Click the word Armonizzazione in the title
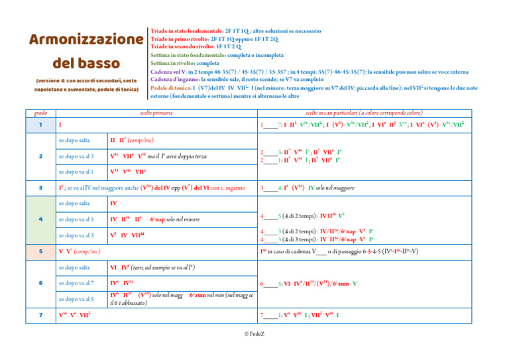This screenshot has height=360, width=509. [82, 40]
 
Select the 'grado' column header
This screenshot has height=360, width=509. [40, 112]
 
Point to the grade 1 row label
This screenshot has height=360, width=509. [40, 125]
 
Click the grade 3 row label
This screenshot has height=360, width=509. [40, 188]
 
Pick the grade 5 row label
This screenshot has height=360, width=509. [40, 251]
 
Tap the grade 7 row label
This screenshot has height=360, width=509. [40, 315]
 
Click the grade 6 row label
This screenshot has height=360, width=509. [40, 283]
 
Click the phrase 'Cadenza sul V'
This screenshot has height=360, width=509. [172, 71]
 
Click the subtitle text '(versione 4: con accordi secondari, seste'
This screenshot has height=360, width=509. [82, 81]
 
